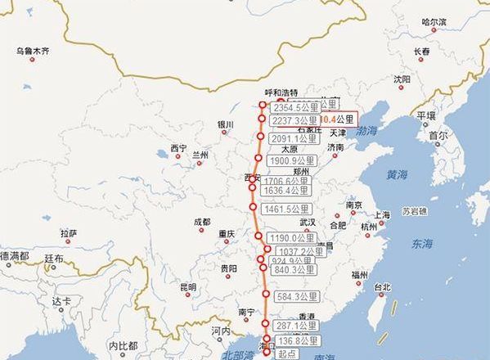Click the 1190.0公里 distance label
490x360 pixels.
[x=293, y=238]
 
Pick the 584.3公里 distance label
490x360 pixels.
[x=295, y=296]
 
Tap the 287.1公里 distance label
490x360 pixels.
[x=294, y=326]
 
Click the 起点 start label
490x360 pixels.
[x=286, y=353]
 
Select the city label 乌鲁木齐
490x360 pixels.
[x=33, y=51]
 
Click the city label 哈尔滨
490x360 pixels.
[x=434, y=22]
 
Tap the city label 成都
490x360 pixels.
[x=202, y=222]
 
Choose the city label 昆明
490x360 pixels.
[x=188, y=287]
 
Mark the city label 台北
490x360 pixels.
[x=382, y=287]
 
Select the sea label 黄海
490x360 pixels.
[x=397, y=174]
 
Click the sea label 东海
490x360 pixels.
[x=422, y=243]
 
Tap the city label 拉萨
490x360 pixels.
[x=69, y=233]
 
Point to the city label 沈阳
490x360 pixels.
[x=402, y=79]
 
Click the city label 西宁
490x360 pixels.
[x=178, y=148]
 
